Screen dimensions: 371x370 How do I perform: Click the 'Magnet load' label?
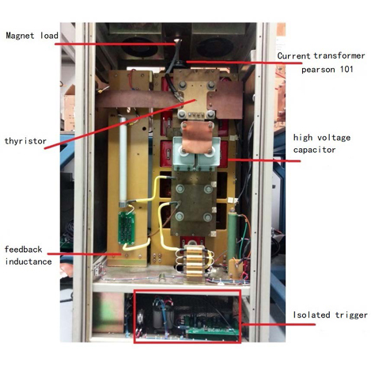(32, 36)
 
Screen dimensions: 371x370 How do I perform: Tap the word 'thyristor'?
(25, 141)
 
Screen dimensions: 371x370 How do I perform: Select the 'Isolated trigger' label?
(331, 315)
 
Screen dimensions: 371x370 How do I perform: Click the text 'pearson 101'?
(327, 70)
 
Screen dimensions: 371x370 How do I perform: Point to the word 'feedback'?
(24, 250)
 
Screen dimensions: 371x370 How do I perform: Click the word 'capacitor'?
(314, 150)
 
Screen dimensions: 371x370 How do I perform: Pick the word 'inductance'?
(28, 261)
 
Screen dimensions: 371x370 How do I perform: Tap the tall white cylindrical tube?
(123, 161)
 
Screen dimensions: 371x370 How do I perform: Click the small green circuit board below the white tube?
(127, 228)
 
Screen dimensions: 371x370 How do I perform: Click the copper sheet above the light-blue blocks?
(197, 136)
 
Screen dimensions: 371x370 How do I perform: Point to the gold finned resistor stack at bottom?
(195, 261)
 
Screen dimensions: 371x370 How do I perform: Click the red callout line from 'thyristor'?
(120, 124)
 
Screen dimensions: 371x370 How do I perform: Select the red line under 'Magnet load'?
(115, 44)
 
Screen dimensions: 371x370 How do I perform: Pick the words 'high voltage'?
(322, 138)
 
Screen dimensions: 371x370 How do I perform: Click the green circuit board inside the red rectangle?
(211, 326)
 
